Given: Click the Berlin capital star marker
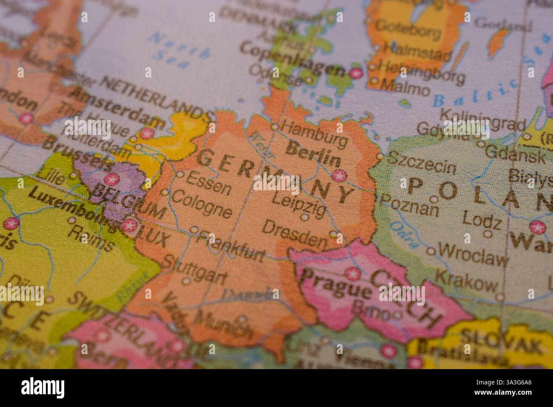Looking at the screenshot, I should (339, 175).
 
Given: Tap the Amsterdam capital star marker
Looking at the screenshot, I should (147, 133).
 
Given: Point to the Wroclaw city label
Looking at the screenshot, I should (473, 255).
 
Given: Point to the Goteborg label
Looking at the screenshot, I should (408, 28).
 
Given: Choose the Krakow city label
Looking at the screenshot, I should (465, 279).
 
